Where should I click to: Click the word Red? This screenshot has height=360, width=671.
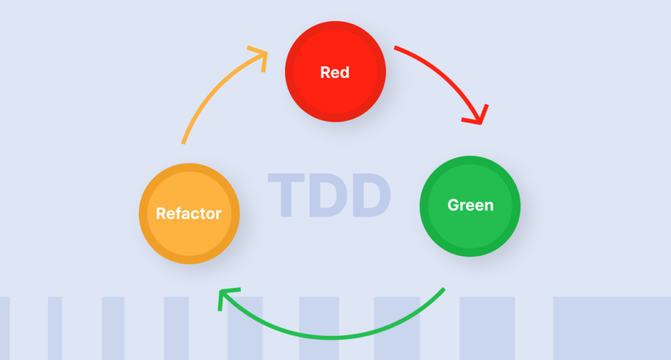click(x=335, y=72)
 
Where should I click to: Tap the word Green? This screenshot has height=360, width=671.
click(x=470, y=205)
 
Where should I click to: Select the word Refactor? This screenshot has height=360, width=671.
click(x=189, y=213)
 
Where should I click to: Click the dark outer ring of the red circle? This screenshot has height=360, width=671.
click(x=335, y=26)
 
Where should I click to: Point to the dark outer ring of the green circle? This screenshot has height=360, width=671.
click(x=470, y=159)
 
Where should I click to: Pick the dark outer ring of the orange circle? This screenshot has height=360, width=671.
click(x=189, y=168)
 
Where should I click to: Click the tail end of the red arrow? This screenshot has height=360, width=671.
click(x=396, y=48)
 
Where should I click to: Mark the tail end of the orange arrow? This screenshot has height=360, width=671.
click(x=183, y=142)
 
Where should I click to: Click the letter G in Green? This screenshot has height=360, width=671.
click(x=453, y=205)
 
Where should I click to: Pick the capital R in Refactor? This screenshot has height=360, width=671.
click(x=161, y=213)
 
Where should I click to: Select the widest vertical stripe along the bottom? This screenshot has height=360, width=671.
click(x=611, y=328)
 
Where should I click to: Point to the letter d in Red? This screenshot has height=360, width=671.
click(x=345, y=72)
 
